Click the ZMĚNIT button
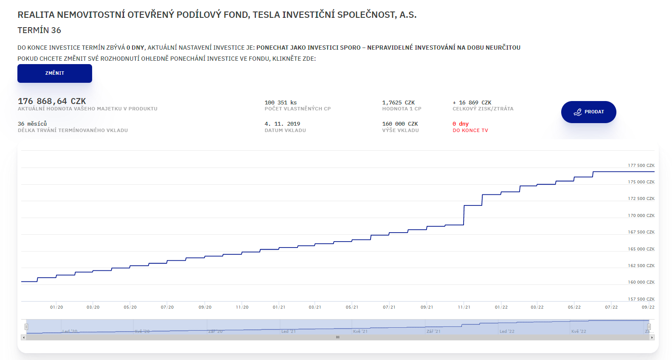pos(55,73)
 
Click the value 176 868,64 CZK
pos(52,101)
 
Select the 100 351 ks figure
pos(281,103)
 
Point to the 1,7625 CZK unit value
pos(398,103)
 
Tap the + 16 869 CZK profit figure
pos(472,103)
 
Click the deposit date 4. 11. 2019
pos(282,124)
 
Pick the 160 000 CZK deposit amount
pos(400,124)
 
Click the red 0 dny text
pos(461,124)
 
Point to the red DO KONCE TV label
pos(470,131)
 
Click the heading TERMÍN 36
pos(39,30)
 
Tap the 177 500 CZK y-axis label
pos(641,166)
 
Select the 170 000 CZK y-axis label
pos(641,216)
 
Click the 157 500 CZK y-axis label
pos(641,299)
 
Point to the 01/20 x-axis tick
pos(56,307)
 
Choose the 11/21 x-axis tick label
pos(464,307)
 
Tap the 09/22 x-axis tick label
pos(648,307)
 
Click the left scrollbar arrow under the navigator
pos(24,337)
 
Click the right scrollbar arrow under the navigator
pos(652,337)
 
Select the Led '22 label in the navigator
pos(507,332)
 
